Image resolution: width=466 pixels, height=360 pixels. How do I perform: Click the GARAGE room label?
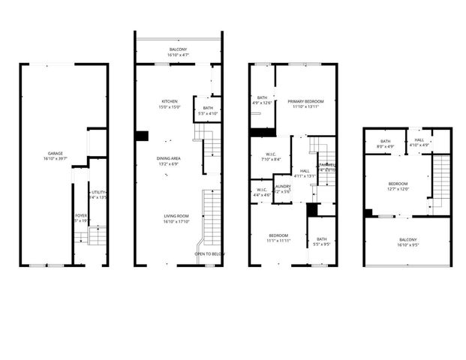tap(53, 154)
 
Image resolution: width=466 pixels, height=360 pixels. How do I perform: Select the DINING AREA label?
tap(168, 158)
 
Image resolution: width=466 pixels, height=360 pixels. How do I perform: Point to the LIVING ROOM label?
tap(176, 216)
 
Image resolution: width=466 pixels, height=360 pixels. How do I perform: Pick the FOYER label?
tap(80, 216)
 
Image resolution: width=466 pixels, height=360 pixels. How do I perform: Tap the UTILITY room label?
tap(99, 192)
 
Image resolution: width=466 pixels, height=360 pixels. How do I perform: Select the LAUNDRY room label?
tap(282, 187)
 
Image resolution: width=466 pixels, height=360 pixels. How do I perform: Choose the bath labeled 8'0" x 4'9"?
tap(386, 142)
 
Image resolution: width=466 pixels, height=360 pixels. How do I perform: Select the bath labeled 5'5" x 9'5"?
tap(321, 239)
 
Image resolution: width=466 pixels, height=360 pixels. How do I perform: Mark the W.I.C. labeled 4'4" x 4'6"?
tap(262, 190)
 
